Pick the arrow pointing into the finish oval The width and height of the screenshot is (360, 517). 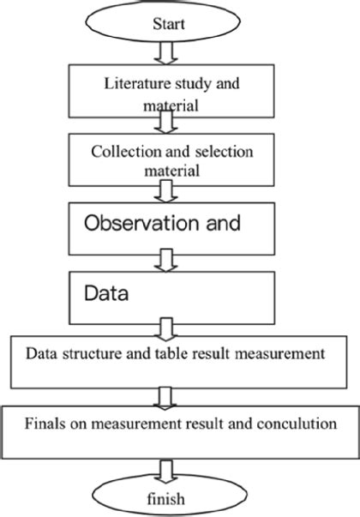click(165, 467)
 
